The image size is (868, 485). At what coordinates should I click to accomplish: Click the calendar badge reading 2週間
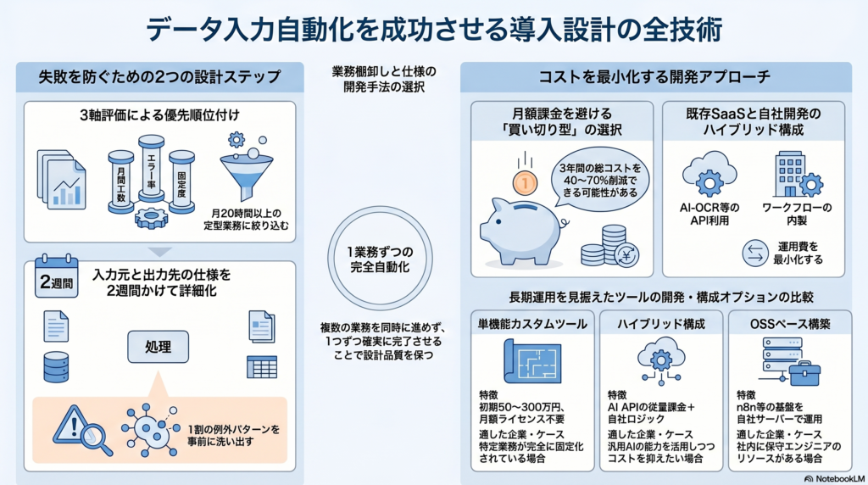coord(56,277)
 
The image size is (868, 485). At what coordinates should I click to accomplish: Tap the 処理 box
coord(159,346)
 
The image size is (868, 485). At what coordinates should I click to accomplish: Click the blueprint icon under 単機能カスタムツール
coord(531,360)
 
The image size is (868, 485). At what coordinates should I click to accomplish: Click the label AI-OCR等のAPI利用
coord(709,215)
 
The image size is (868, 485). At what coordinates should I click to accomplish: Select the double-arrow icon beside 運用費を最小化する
coord(754,253)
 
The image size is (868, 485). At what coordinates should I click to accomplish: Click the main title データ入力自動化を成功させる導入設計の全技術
coord(434,29)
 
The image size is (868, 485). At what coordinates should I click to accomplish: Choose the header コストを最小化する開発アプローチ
coord(654,77)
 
